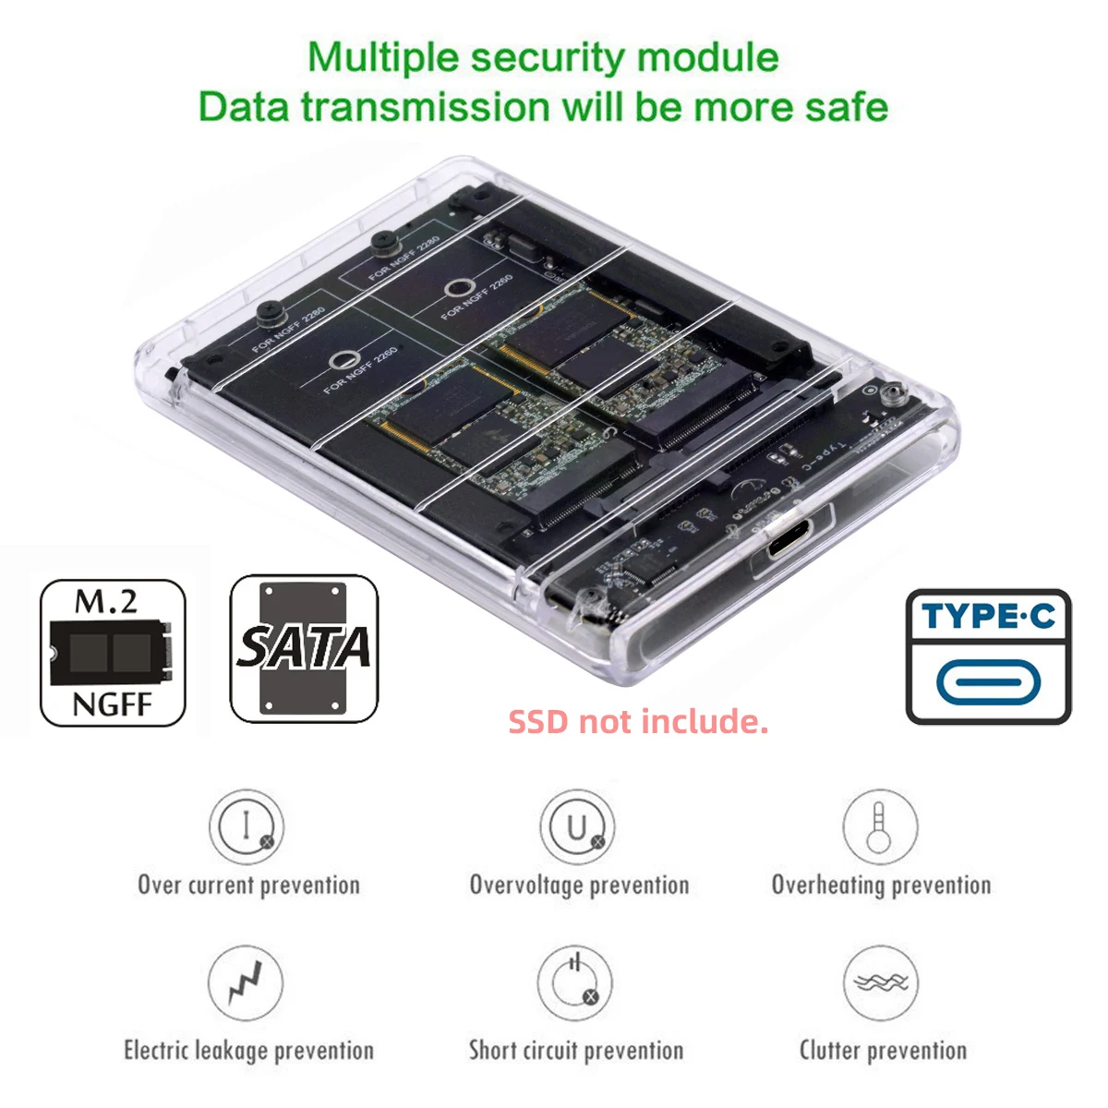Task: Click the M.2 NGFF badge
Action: (113, 653)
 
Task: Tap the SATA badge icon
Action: (304, 648)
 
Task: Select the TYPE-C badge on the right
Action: (989, 656)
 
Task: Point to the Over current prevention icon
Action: (246, 825)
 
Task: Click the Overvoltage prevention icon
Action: (577, 825)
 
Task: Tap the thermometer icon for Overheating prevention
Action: (880, 825)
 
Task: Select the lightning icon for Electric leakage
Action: (246, 982)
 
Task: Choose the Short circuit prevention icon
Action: (575, 982)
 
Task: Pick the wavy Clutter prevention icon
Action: (881, 982)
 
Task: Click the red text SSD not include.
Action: (638, 721)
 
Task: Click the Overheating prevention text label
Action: (881, 885)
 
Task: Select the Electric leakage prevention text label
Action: (248, 1051)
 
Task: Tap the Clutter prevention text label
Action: (883, 1051)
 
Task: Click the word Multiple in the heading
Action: (382, 57)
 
